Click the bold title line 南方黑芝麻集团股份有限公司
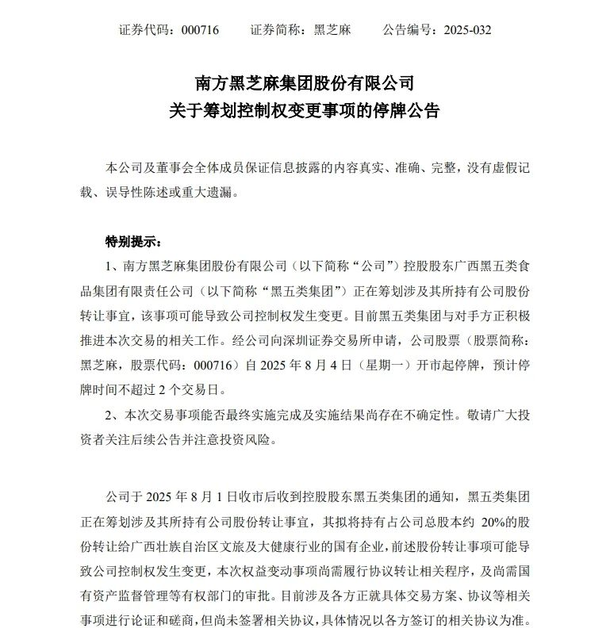[305, 82]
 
